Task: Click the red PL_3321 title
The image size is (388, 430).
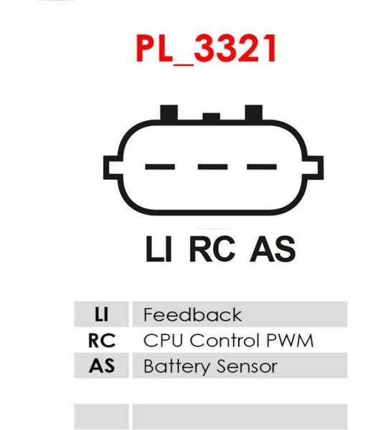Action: coord(207,49)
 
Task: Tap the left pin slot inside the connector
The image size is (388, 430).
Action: coord(160,166)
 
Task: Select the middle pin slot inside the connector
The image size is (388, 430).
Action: coord(213,166)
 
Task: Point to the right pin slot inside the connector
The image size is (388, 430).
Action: coord(262,166)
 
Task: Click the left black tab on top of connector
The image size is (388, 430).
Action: coord(169,113)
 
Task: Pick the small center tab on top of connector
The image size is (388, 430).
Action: coord(212,117)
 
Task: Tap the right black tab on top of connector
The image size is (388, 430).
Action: coord(254,113)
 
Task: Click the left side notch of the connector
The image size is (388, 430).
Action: coord(113,168)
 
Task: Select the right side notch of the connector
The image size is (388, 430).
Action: coord(313,168)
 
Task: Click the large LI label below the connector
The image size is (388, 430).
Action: coord(159,249)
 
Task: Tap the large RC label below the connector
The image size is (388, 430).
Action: coord(212,249)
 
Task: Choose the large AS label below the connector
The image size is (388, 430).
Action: coord(273,249)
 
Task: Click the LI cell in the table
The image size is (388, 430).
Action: coord(102,315)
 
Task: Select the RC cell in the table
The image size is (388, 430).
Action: coord(102,340)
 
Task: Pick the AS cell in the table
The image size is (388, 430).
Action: coord(102,365)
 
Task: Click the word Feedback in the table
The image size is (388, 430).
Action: coord(193,315)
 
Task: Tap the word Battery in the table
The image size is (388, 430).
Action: coord(176,366)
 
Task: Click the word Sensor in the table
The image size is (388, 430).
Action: coord(247,366)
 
